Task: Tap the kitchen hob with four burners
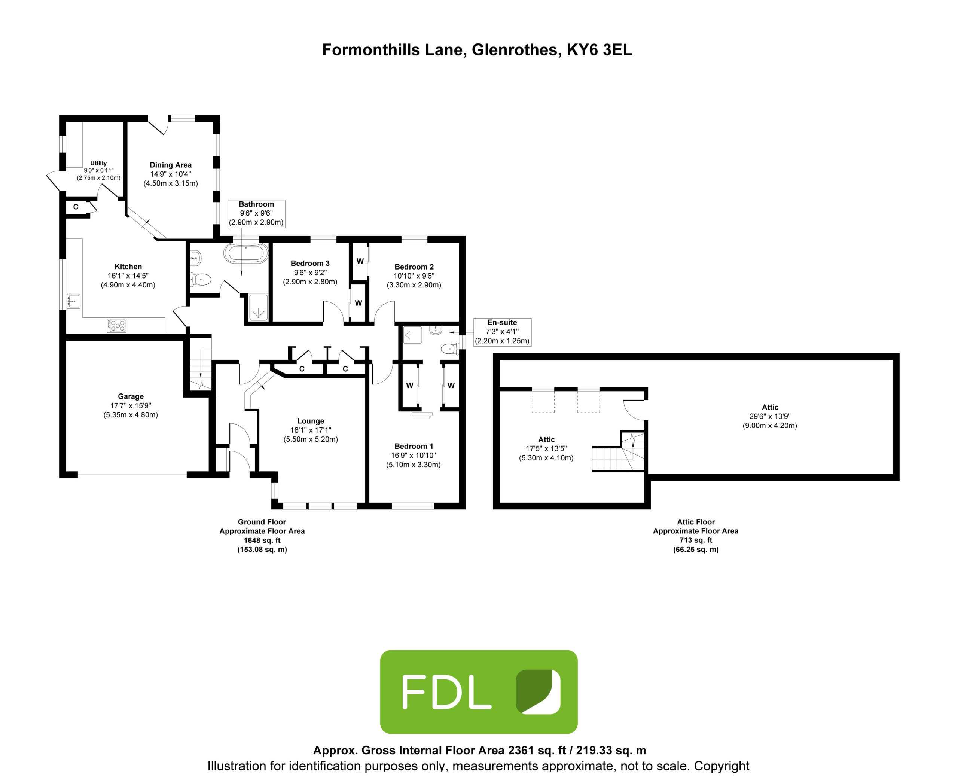[117, 325]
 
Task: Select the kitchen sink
[73, 301]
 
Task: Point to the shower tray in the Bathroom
[259, 308]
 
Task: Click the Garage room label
[131, 405]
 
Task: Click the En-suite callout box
[503, 332]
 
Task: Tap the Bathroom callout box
[256, 213]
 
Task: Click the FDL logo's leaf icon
[538, 692]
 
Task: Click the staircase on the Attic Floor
[618, 452]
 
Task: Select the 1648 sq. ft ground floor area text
[262, 540]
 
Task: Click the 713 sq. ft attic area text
[696, 540]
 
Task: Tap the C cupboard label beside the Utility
[76, 207]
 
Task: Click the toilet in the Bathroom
[201, 279]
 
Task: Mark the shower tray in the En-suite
[412, 335]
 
